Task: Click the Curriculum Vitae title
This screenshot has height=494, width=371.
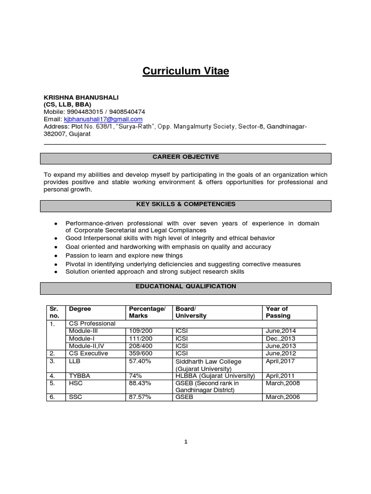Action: [x=185, y=71]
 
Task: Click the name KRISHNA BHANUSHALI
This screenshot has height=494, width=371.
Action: [x=81, y=97]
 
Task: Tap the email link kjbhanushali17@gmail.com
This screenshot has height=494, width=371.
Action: [x=103, y=119]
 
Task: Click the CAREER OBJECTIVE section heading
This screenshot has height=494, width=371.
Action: [x=185, y=157]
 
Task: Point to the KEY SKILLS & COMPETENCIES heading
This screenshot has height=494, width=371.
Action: [x=185, y=205]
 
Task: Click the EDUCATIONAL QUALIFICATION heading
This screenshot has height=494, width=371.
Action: [x=185, y=287]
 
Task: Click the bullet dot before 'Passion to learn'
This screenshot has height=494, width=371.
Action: [x=57, y=256]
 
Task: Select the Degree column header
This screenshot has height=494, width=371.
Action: [x=80, y=309]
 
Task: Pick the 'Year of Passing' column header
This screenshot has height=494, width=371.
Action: [x=278, y=312]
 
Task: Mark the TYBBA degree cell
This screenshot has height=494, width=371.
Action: [x=79, y=376]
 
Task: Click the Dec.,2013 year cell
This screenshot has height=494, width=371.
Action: [x=281, y=339]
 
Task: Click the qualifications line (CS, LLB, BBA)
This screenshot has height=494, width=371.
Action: [x=67, y=105]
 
